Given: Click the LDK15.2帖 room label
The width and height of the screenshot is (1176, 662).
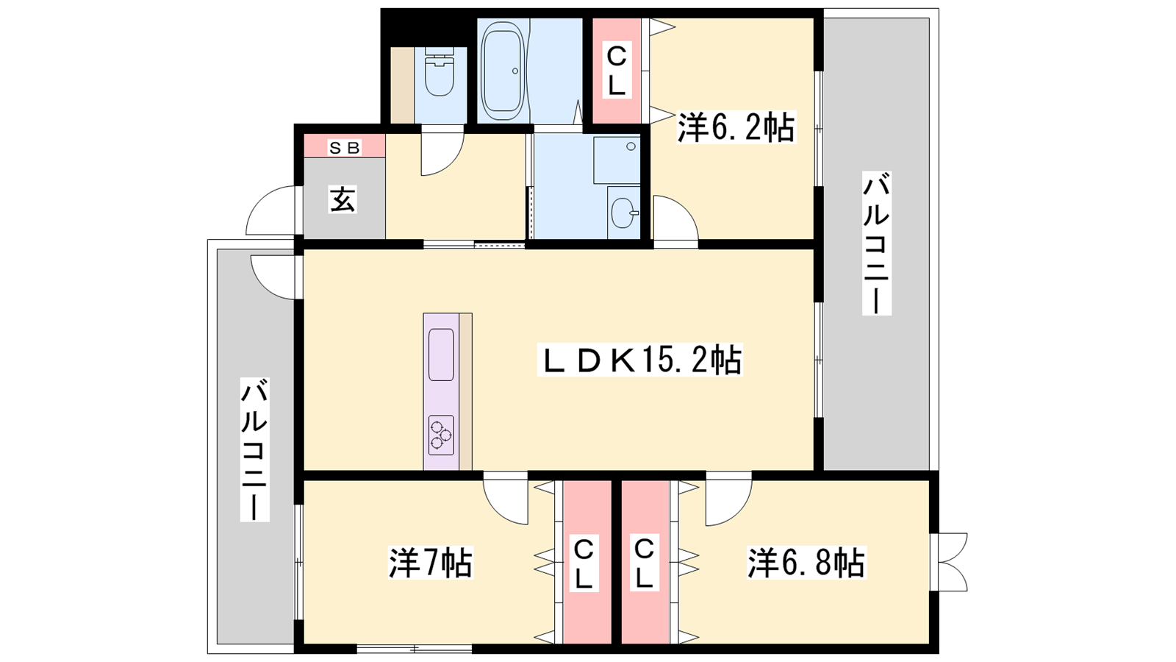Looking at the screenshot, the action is pos(639,360).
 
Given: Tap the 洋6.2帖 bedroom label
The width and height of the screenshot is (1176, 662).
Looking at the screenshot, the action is pos(736,127).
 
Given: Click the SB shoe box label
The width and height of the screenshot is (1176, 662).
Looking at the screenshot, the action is pos(345,148).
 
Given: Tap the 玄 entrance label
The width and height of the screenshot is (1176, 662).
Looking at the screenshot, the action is pos(343,199).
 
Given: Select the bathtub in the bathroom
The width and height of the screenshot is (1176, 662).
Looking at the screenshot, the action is pos(503,71).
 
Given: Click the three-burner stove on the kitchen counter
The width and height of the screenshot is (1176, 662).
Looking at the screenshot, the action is pos(441,435).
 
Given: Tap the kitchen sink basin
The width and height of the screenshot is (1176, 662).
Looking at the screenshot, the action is pos(441,355).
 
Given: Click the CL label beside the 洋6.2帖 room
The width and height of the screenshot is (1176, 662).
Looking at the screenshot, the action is pos(617,71).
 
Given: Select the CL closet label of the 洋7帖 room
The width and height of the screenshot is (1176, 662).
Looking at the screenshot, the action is pos(583,564).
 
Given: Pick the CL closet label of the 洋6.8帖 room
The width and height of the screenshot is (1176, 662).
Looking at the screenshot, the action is pos(644,564).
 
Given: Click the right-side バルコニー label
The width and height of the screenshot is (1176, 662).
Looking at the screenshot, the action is pos(876,243).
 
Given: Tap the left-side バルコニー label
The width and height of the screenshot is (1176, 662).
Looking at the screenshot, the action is pos(254,449).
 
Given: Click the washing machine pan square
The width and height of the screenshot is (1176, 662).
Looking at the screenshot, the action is pos(617,159).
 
